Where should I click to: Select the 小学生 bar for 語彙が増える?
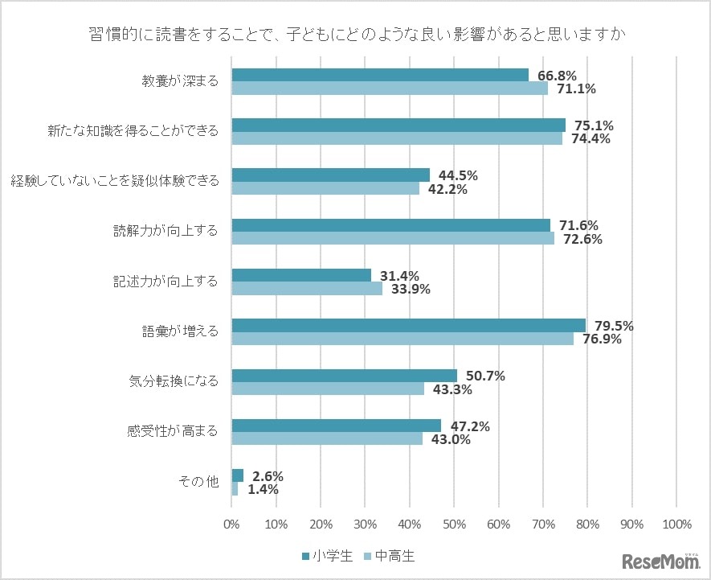pyautogui.click(x=408, y=325)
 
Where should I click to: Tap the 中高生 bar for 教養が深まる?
pyautogui.click(x=390, y=88)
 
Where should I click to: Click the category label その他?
pyautogui.click(x=198, y=482)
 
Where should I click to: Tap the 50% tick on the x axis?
pyautogui.click(x=455, y=524)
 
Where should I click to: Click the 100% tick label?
pyautogui.click(x=676, y=524)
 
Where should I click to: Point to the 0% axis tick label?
pyautogui.click(x=232, y=524)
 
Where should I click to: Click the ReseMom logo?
pyautogui.click(x=659, y=560)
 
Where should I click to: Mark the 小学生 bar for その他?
pyautogui.click(x=238, y=475)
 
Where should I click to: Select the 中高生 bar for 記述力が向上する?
pyautogui.click(x=307, y=289)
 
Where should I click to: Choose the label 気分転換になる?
pyautogui.click(x=174, y=381)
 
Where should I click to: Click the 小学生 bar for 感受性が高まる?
pyautogui.click(x=337, y=426)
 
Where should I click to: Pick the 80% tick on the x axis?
pyautogui.click(x=587, y=524)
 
